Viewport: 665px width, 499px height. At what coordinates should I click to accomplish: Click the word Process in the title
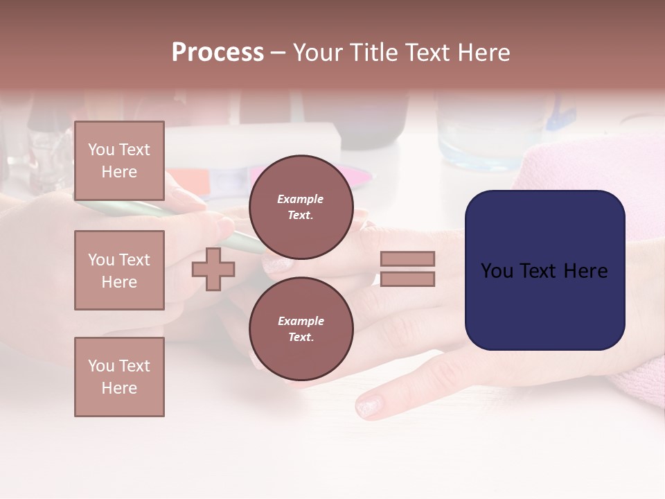(218, 53)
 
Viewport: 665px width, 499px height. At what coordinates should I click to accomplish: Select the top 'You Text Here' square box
(119, 161)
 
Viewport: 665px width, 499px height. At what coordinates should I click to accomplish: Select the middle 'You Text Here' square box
(119, 270)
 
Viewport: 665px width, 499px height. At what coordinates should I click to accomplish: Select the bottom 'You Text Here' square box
(119, 376)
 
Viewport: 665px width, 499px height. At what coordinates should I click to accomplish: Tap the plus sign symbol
(213, 269)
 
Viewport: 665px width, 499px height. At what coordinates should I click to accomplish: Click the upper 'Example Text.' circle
(301, 207)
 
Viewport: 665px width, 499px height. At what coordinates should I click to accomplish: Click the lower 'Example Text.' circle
(301, 329)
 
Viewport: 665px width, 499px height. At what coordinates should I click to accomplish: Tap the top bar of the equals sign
(407, 259)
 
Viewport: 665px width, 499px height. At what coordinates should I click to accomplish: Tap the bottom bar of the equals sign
(407, 279)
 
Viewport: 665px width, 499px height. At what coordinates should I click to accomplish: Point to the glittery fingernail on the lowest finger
(369, 405)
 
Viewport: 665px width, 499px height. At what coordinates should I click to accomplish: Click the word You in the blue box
(497, 271)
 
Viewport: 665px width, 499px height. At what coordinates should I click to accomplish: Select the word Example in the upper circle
(300, 199)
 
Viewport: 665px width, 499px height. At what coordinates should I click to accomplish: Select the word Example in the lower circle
(301, 321)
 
